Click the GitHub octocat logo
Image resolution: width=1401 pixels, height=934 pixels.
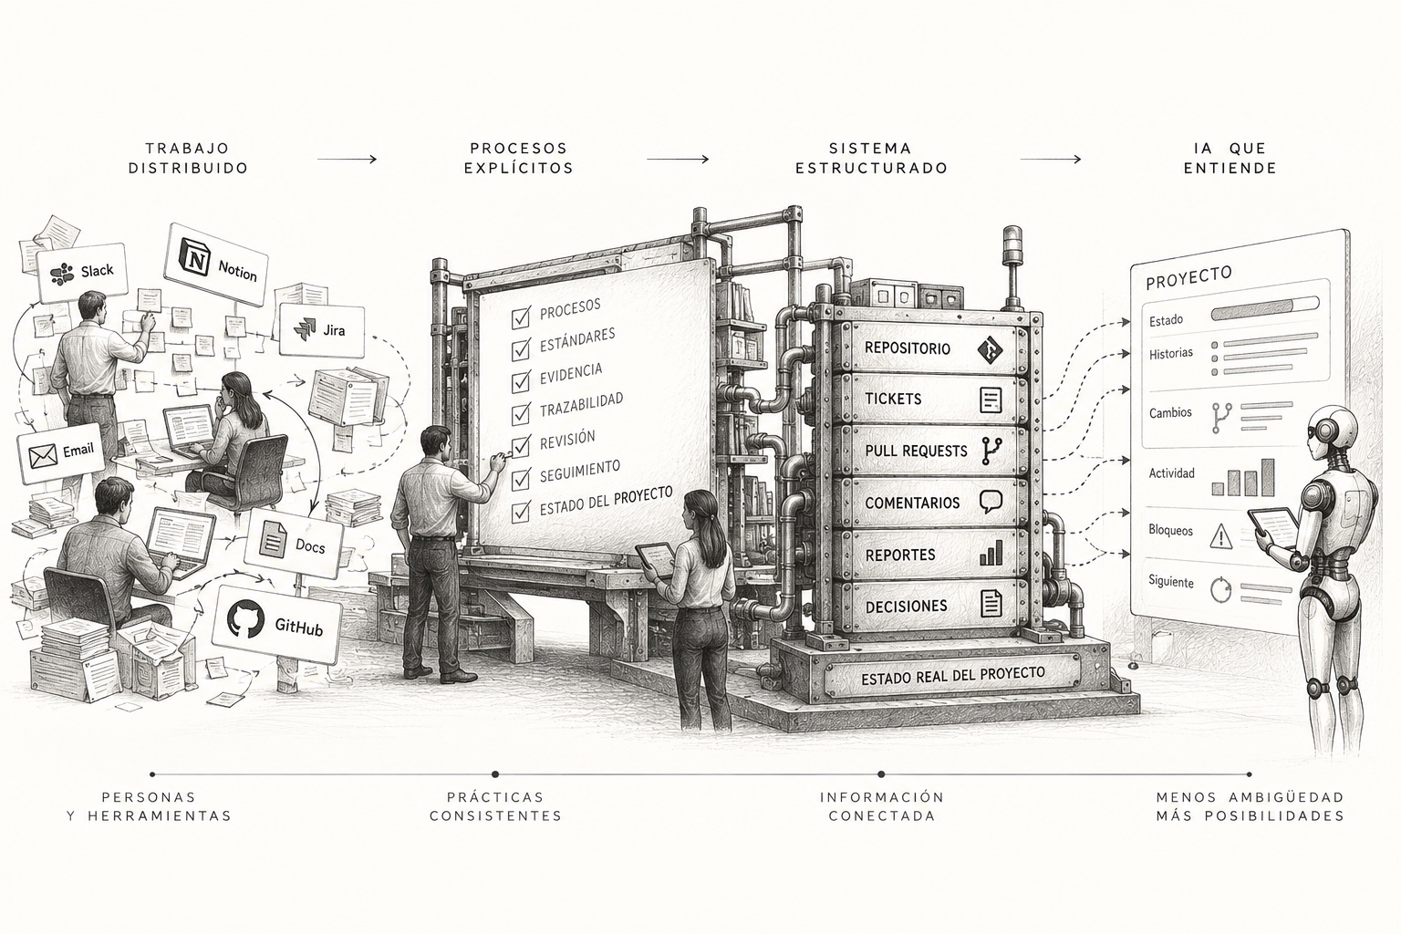(245, 618)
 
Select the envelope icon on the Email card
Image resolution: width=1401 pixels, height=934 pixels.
(43, 456)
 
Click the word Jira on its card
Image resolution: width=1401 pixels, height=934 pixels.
(334, 330)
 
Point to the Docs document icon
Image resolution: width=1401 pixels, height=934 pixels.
(274, 539)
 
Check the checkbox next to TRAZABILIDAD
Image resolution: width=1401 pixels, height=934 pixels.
(521, 414)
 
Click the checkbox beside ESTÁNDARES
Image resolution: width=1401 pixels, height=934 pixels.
(521, 350)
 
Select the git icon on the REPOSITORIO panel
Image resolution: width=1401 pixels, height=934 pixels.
(990, 349)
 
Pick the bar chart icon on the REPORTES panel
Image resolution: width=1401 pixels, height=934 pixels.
(991, 553)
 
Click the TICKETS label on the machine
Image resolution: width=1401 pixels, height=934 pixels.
(893, 399)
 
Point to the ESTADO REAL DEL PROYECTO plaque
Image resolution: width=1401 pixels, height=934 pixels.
(952, 676)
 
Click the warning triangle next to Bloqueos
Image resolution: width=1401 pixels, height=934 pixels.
(1221, 536)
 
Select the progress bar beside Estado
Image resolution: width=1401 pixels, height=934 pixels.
(1265, 307)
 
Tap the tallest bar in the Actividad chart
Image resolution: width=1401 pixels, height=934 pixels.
(1267, 477)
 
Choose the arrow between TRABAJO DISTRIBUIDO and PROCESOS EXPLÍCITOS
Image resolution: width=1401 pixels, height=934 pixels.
(348, 159)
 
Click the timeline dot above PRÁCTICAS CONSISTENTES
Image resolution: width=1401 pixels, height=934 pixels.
(495, 774)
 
